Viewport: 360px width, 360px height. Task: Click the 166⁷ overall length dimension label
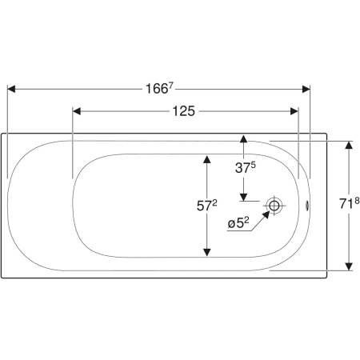pyautogui.click(x=159, y=88)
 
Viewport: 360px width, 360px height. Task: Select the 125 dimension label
pyautogui.click(x=184, y=111)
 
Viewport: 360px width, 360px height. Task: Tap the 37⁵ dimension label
pyautogui.click(x=245, y=167)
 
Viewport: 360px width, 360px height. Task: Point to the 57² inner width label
pyautogui.click(x=206, y=206)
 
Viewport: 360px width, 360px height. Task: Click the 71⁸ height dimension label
pyautogui.click(x=350, y=203)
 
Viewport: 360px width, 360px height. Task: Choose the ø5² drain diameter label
pyautogui.click(x=238, y=223)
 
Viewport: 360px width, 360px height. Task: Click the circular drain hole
pyautogui.click(x=274, y=206)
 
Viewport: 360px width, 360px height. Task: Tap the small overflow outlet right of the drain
pyautogui.click(x=307, y=205)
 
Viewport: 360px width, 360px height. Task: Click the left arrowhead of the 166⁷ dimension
pyautogui.click(x=11, y=89)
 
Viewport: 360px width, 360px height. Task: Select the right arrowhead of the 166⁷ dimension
pyautogui.click(x=306, y=89)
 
